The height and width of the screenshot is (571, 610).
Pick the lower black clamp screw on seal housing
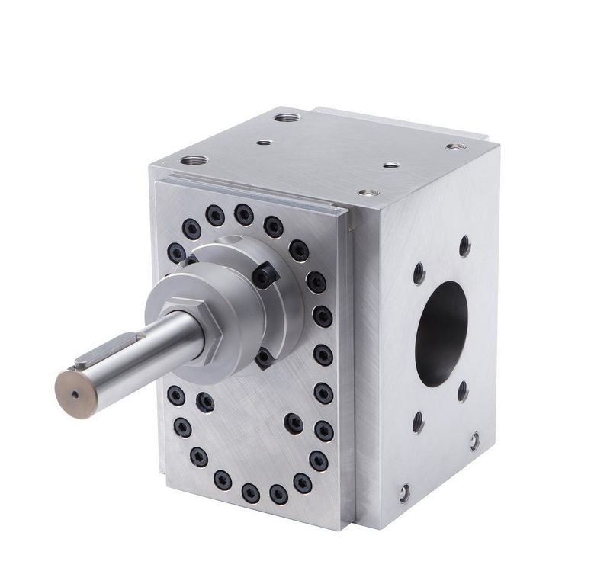(x=263, y=358)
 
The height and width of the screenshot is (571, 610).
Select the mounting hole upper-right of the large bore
(x=464, y=245)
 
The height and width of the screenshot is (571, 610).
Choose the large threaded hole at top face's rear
(x=287, y=119)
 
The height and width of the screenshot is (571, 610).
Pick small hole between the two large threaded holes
(x=264, y=142)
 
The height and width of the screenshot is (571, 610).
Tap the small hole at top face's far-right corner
(x=455, y=146)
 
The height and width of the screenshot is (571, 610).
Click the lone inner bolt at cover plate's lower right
(x=293, y=420)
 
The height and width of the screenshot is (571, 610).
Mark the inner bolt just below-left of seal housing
(x=204, y=399)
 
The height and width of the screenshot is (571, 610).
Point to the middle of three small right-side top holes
(x=390, y=165)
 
